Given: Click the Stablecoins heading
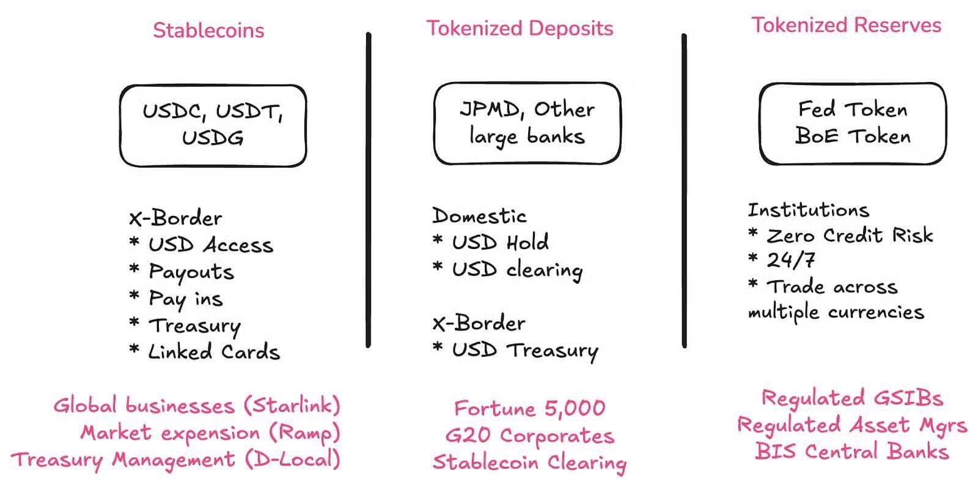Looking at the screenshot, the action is click(x=208, y=31).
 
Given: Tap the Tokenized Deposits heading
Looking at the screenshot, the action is click(x=520, y=29).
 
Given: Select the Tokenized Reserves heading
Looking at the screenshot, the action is click(x=846, y=25).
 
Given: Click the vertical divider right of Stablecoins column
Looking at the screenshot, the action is click(x=369, y=190).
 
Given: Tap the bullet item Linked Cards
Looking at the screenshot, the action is click(x=205, y=351).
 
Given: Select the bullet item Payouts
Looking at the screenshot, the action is click(x=182, y=272).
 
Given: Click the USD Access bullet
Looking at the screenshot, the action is click(x=201, y=245).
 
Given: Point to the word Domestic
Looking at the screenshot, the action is click(x=479, y=215).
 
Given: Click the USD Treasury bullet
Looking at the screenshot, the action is click(x=515, y=351).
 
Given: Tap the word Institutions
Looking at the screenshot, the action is click(x=809, y=210).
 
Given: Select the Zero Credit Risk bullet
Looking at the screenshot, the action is click(x=840, y=236).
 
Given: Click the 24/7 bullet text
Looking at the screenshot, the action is click(x=782, y=260).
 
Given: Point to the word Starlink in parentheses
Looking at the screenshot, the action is click(x=292, y=405).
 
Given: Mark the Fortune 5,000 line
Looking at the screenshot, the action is click(x=529, y=409).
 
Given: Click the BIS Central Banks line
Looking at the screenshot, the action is click(x=852, y=452).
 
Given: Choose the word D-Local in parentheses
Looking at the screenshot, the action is click(x=292, y=459).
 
